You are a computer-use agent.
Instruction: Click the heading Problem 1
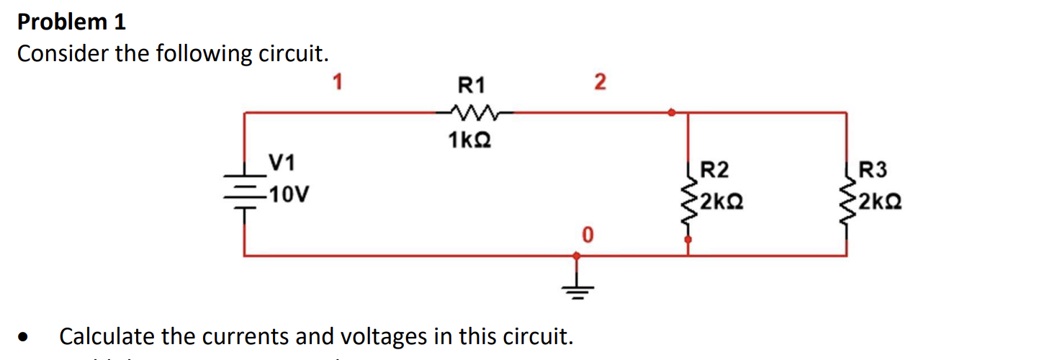pyautogui.click(x=71, y=22)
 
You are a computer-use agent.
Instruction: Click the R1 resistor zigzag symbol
pyautogui.click(x=472, y=112)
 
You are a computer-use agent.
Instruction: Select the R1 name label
pyautogui.click(x=472, y=86)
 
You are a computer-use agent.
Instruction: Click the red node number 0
pyautogui.click(x=587, y=235)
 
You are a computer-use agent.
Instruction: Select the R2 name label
pyautogui.click(x=714, y=171)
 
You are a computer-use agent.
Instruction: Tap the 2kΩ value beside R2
pyautogui.click(x=720, y=200)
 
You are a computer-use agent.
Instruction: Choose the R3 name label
pyautogui.click(x=873, y=171)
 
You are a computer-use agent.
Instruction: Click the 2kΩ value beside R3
pyautogui.click(x=879, y=200)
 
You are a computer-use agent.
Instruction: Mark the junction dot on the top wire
pyautogui.click(x=671, y=112)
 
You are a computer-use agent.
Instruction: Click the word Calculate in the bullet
pyautogui.click(x=108, y=336)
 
